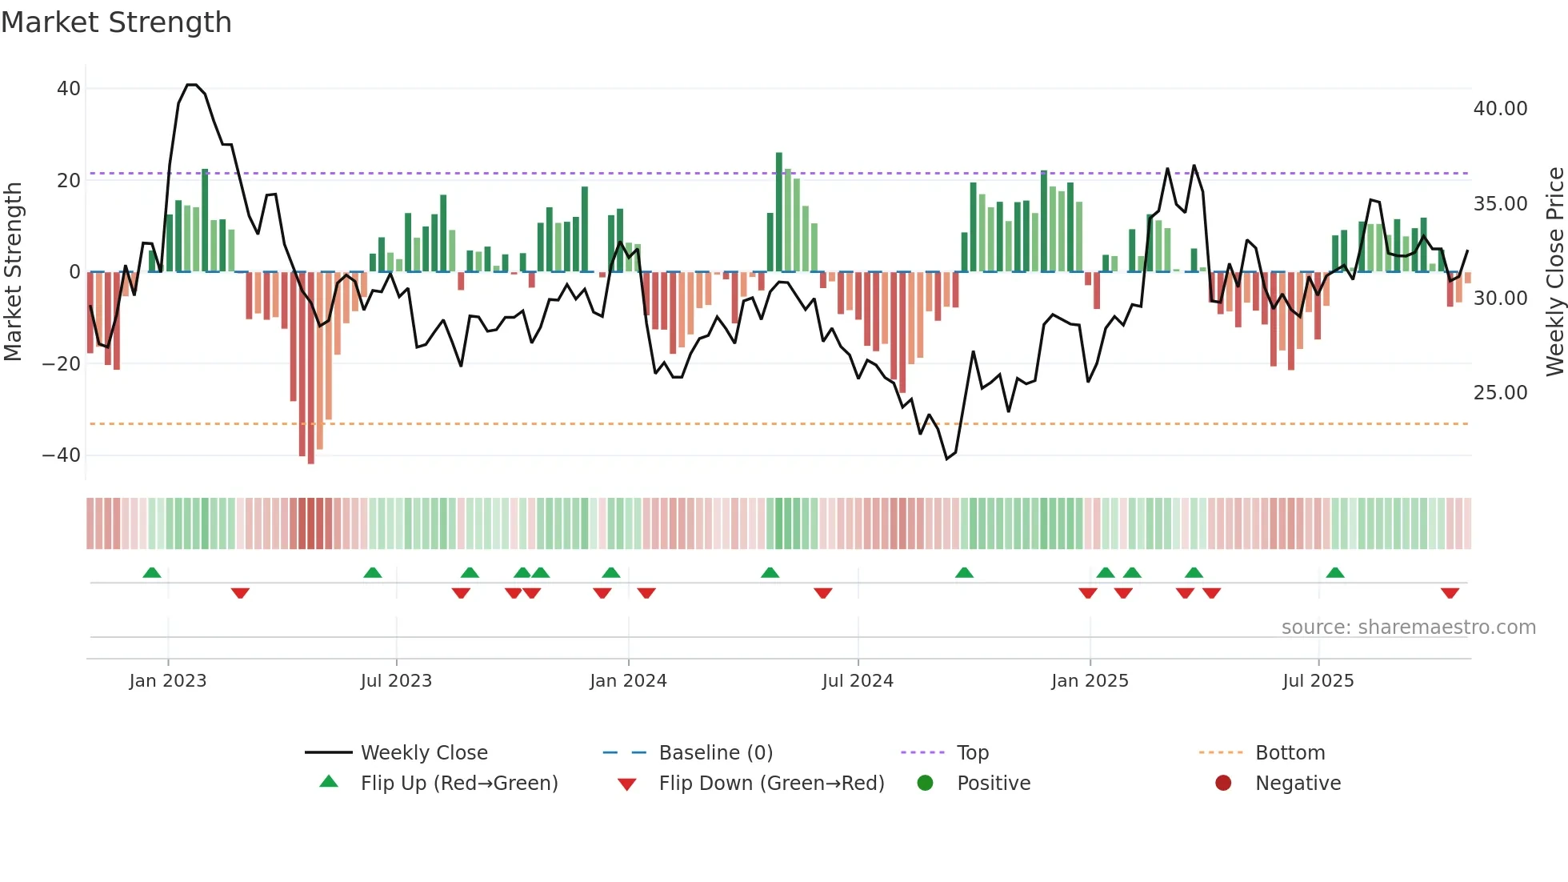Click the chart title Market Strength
point(116,22)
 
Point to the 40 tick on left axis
point(69,89)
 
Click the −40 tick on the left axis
point(62,455)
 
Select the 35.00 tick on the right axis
point(1500,204)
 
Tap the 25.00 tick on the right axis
point(1500,393)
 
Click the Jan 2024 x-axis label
point(628,681)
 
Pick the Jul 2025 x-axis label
point(1318,681)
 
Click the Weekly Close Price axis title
point(1554,272)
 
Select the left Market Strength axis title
point(13,272)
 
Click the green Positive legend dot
point(926,784)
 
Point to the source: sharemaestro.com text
point(1408,627)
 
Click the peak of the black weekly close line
point(192,85)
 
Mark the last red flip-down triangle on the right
point(1450,593)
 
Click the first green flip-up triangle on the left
point(152,572)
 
